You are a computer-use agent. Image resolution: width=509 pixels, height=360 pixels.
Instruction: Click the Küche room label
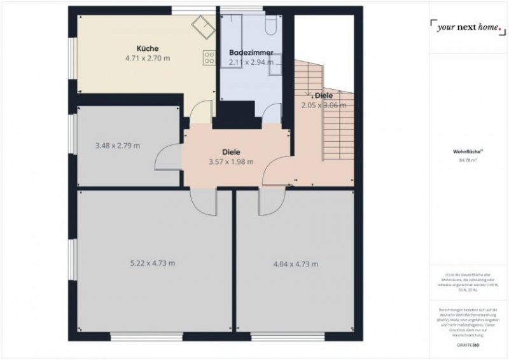[147, 48]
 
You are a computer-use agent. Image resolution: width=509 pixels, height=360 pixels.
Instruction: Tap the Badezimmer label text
[251, 53]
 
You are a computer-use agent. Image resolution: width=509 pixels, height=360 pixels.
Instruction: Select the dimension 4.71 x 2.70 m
[148, 58]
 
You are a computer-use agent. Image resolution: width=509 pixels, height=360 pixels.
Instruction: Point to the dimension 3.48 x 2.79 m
[117, 146]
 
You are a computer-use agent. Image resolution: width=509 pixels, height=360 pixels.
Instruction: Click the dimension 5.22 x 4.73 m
[152, 263]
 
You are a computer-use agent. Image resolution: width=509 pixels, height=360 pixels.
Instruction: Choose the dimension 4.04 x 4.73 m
[295, 263]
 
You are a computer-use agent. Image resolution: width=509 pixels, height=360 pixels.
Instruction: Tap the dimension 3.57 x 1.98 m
[231, 162]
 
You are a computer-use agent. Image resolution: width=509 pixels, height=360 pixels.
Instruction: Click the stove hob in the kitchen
[209, 58]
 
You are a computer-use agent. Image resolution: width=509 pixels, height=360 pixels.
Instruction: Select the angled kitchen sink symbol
[204, 26]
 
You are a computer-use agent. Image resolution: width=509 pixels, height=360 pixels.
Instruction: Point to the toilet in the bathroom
[270, 25]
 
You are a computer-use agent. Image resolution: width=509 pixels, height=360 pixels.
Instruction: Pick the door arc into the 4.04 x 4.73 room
[268, 202]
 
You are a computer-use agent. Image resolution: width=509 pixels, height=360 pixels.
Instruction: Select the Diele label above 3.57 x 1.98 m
[231, 152]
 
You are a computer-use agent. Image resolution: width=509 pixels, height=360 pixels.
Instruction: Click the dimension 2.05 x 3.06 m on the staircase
[324, 106]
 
